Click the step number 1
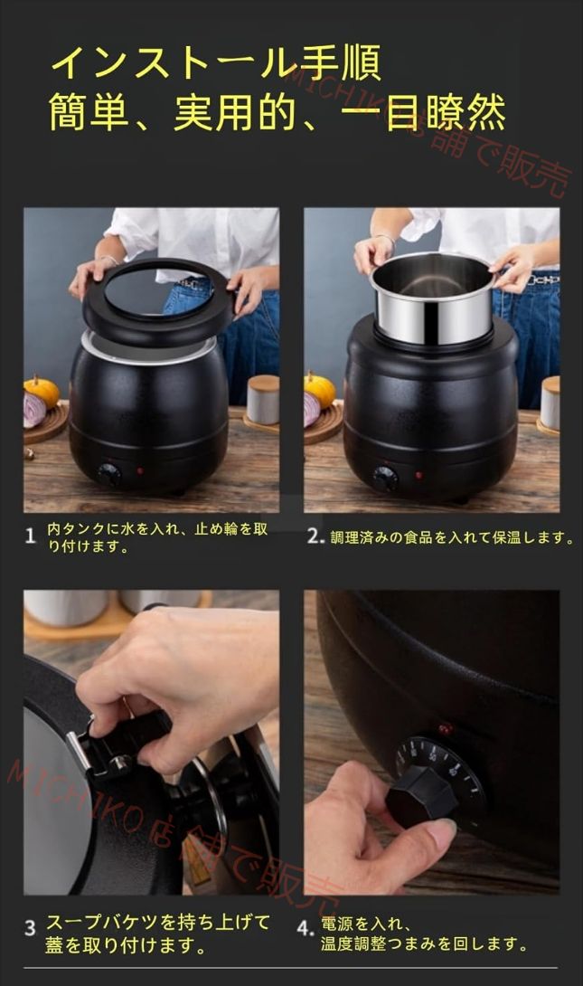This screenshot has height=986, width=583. [x=30, y=536]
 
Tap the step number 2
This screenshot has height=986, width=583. [x=315, y=536]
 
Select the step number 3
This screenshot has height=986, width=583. [x=30, y=928]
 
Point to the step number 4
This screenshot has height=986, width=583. [x=304, y=928]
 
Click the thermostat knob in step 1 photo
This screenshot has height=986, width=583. [x=109, y=474]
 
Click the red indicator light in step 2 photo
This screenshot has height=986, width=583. [x=419, y=476]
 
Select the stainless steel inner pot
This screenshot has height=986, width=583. [x=434, y=299]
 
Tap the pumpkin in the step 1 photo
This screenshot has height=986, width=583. [x=42, y=391]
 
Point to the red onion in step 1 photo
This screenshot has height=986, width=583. [x=34, y=410]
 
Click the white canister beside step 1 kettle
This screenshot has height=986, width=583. [x=262, y=401]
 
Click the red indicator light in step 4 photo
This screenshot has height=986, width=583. [x=446, y=729]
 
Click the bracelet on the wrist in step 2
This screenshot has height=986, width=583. [x=385, y=239]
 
